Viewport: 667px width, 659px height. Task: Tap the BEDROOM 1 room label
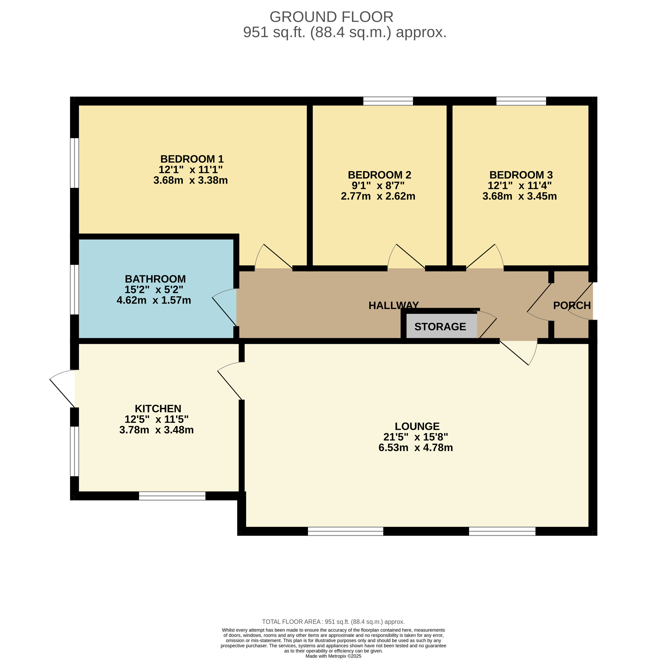(192, 159)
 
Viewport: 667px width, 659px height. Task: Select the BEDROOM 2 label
(379, 175)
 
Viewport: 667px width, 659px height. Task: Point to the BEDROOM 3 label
(521, 175)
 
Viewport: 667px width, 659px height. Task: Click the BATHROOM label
(155, 279)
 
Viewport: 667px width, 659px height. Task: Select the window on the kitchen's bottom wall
(172, 496)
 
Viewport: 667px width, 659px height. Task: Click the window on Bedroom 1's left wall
(75, 163)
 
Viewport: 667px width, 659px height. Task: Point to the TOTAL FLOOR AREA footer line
(334, 622)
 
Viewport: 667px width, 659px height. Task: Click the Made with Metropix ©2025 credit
(334, 656)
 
